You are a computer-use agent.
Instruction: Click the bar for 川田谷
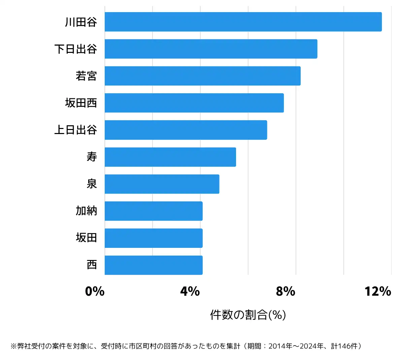click(x=243, y=22)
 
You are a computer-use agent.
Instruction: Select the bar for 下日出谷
click(x=211, y=49)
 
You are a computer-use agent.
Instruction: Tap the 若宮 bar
click(x=202, y=76)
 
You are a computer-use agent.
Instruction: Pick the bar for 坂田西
click(x=194, y=103)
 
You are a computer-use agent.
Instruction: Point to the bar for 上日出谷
click(x=186, y=130)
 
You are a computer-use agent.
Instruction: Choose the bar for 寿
click(x=170, y=157)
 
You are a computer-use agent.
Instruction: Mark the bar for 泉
click(x=162, y=184)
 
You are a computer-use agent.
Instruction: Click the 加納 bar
click(x=154, y=211)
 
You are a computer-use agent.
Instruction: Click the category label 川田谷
click(x=81, y=22)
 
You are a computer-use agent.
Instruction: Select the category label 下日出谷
click(x=76, y=49)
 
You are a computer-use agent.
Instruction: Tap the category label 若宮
click(x=86, y=76)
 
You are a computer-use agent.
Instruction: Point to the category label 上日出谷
click(x=76, y=130)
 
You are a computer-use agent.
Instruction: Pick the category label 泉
click(x=92, y=184)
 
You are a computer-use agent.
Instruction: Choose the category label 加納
click(x=86, y=211)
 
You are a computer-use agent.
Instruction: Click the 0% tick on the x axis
click(x=95, y=291)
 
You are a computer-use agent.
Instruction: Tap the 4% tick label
click(x=190, y=291)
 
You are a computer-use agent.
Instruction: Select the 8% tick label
click(x=285, y=291)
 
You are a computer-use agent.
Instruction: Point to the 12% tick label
click(x=378, y=291)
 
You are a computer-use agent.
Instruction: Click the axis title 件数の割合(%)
click(x=248, y=315)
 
